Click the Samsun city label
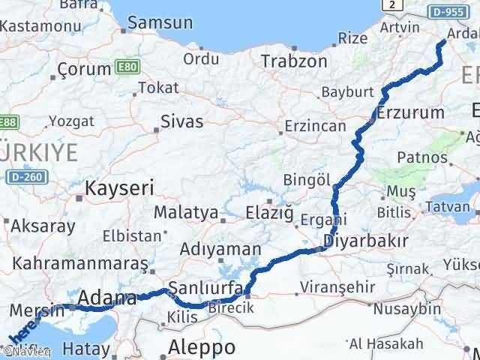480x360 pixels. (x=160, y=22)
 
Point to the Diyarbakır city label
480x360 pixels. (x=366, y=241)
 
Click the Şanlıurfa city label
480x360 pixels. (x=206, y=287)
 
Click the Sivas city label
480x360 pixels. (x=182, y=121)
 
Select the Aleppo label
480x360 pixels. (x=202, y=346)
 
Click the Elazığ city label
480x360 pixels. (x=270, y=212)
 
